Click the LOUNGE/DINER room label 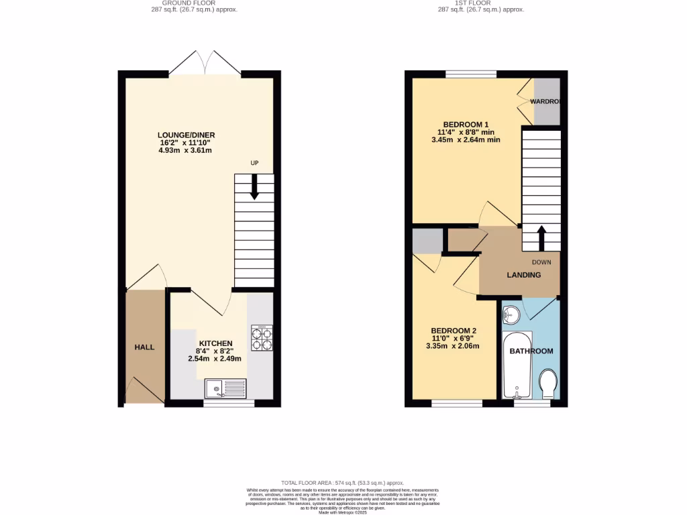187,135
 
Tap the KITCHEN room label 215,343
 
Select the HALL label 144,347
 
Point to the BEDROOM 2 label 453,331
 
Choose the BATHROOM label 531,351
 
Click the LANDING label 523,275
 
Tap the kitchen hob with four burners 262,338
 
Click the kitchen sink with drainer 225,388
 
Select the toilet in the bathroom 548,383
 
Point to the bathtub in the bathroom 517,365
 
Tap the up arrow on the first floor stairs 541,237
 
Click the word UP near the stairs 254,164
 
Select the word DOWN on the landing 541,262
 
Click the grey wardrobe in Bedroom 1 546,101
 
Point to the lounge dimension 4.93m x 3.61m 185,150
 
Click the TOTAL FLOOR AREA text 343,483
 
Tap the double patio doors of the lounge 205,62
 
